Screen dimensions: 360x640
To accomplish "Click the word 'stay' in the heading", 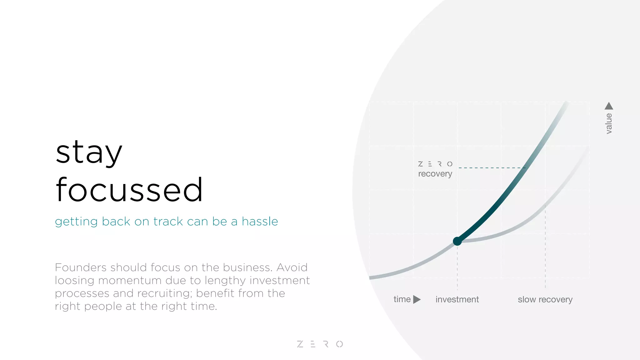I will tap(89, 153).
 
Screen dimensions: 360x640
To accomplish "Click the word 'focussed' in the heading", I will tap(129, 190).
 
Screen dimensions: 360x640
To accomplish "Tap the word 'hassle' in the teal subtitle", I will tap(260, 222).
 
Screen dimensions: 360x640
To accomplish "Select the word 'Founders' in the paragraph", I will tap(81, 267).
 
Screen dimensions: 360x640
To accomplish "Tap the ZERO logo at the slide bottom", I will tap(320, 344).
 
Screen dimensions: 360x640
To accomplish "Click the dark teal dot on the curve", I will tap(457, 241).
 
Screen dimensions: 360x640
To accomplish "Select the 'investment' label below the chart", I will tap(457, 299).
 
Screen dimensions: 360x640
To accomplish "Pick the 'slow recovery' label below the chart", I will tap(545, 299).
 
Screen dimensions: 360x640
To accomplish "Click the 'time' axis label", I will tap(402, 299).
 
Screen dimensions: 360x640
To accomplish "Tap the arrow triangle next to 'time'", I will tap(417, 299).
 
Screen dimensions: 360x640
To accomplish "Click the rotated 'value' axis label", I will tap(609, 124).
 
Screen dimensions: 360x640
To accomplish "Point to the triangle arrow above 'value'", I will tap(609, 106).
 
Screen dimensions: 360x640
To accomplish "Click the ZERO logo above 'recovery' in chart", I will tap(435, 164).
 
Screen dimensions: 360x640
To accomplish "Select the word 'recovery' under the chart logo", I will tap(435, 174).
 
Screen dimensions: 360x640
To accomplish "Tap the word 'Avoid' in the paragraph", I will tap(292, 267).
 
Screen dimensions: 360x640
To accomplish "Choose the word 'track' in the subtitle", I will tap(168, 222).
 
